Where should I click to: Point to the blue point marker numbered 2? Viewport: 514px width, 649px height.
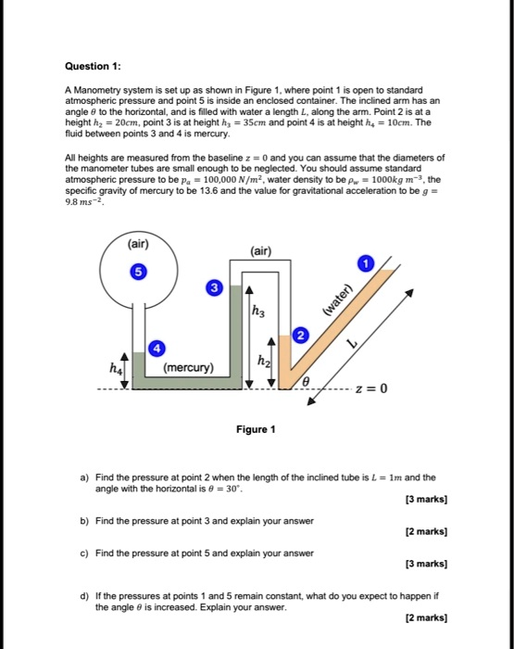tap(299, 335)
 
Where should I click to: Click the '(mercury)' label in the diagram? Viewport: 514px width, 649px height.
tap(190, 367)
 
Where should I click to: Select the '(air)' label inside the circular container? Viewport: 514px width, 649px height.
tap(140, 246)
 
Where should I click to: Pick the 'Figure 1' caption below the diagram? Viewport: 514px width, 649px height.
tap(256, 429)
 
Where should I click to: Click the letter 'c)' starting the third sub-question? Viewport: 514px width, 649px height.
tap(84, 554)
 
